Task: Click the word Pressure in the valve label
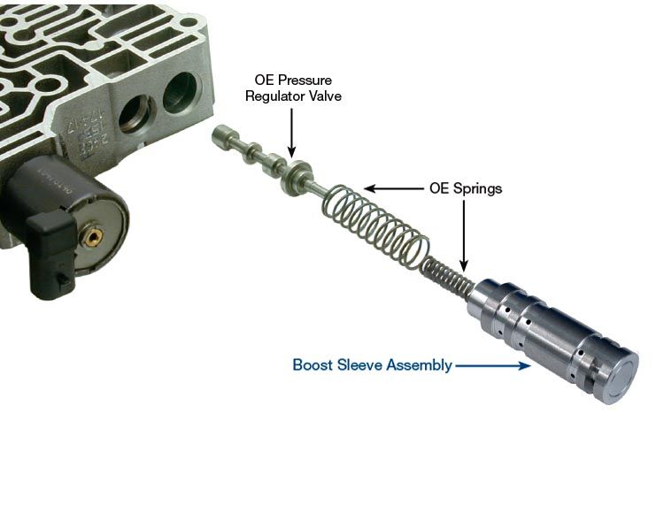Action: click(304, 80)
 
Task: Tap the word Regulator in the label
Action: click(272, 96)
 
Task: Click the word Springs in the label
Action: click(477, 188)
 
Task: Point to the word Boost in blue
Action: click(313, 364)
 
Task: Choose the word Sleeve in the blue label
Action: click(359, 364)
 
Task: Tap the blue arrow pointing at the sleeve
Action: click(492, 365)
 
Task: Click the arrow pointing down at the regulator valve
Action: click(291, 133)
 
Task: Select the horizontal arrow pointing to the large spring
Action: click(394, 188)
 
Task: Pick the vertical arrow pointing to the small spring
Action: click(464, 235)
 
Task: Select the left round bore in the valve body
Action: click(137, 113)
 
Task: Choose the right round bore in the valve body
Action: click(181, 93)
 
